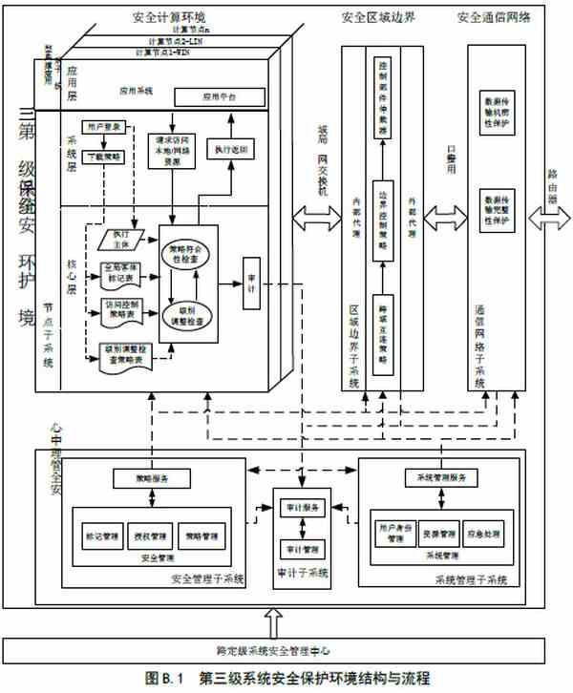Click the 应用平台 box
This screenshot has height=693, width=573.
[217, 97]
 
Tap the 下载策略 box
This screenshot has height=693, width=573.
[106, 155]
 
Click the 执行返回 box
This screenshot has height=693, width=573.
[232, 150]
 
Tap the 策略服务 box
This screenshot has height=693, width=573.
[140, 476]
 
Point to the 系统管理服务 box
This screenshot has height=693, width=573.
[435, 476]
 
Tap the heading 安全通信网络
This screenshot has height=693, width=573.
[496, 17]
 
